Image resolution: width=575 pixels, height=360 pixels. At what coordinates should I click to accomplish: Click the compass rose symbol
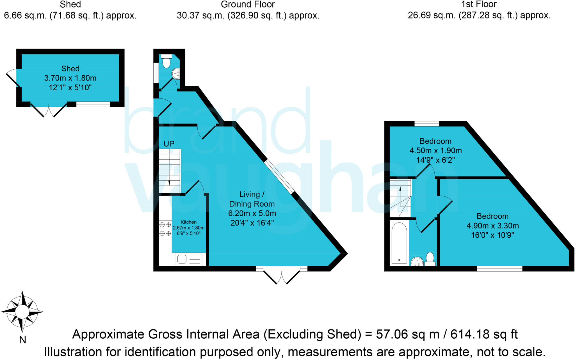[x=22, y=312]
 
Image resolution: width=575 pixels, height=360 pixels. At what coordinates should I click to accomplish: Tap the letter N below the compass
[x=22, y=340]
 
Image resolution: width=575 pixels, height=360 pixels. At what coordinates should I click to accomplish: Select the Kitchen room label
[x=188, y=222]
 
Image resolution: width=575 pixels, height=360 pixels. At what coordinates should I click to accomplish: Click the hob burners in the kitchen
[x=165, y=229]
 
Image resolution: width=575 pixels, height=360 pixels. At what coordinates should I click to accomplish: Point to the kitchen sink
[x=182, y=259]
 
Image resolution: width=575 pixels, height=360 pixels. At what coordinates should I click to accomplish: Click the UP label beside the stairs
[x=169, y=144]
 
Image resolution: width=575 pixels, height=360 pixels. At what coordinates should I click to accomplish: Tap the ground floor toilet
[x=166, y=61]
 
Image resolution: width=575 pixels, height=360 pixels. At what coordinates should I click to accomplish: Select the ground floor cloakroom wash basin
[x=176, y=74]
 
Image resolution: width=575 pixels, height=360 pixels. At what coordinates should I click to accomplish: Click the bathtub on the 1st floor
[x=399, y=243]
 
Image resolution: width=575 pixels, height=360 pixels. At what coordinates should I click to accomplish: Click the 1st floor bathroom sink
[x=417, y=262]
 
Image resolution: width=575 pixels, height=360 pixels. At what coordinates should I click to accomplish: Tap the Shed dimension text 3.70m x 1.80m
[x=70, y=78]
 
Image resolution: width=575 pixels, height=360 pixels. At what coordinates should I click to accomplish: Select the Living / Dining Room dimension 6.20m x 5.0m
[x=252, y=213]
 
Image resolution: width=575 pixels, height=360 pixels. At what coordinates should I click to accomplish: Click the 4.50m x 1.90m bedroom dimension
[x=435, y=151]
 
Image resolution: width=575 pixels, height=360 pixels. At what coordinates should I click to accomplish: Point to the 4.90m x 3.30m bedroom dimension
[x=492, y=226]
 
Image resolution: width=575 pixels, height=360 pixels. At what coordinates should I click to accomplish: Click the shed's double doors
[x=49, y=110]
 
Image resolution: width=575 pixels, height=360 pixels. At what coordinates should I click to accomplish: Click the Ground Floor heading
[x=248, y=4]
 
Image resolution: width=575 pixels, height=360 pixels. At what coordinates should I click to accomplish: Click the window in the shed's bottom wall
[x=93, y=104]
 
